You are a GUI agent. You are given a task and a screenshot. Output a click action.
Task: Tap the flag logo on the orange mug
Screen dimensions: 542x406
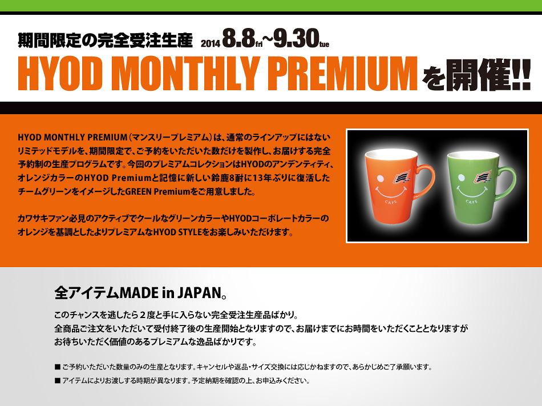(x=402, y=176)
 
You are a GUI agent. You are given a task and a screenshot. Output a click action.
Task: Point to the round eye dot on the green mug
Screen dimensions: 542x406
(x=461, y=178)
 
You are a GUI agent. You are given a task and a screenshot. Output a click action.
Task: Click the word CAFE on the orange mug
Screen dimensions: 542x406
(x=391, y=202)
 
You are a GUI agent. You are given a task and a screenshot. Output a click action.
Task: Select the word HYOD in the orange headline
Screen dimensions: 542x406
(x=60, y=74)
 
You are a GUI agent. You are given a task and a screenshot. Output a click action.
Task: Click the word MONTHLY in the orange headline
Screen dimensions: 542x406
(x=187, y=74)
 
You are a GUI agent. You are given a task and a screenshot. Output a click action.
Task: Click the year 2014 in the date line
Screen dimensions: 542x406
(x=210, y=43)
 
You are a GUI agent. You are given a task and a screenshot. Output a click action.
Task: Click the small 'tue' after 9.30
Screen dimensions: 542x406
(x=324, y=45)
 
